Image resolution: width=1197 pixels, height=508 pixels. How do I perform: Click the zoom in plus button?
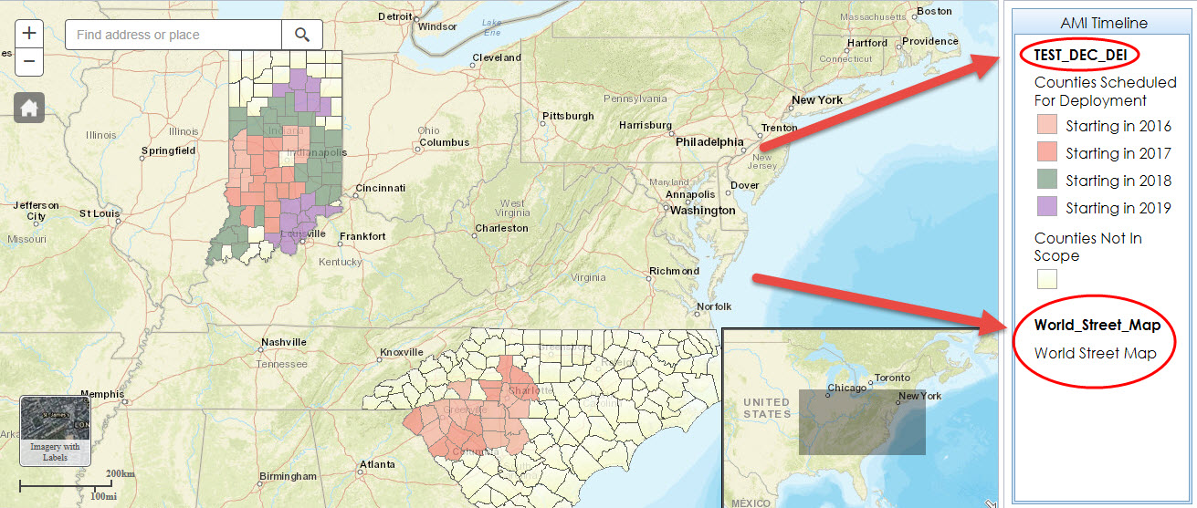29,34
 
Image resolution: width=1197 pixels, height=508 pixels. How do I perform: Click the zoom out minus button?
29,61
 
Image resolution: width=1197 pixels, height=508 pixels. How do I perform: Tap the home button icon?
29,109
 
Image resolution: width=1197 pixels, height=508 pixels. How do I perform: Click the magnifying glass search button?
301,35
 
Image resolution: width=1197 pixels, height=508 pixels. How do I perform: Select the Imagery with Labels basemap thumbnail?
55,430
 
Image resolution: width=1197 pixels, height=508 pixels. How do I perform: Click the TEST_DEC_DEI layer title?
1079,56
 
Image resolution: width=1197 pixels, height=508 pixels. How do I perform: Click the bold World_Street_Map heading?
1097,326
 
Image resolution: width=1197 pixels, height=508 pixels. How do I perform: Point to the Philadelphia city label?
709,142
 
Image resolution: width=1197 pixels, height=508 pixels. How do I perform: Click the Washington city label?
702,211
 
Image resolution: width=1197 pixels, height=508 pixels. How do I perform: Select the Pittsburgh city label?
568,117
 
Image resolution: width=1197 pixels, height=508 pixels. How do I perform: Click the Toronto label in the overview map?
892,378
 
